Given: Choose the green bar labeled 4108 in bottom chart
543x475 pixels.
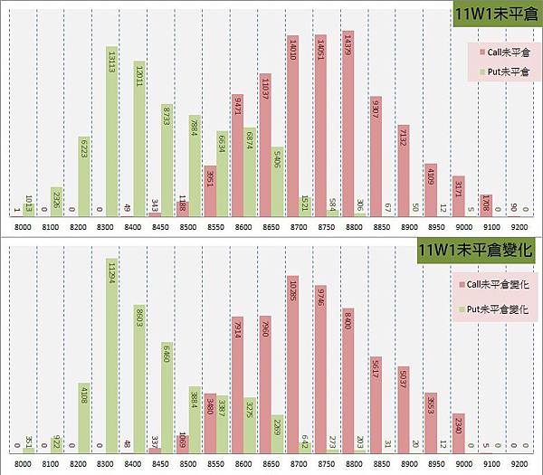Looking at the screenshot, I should tap(83, 417).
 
